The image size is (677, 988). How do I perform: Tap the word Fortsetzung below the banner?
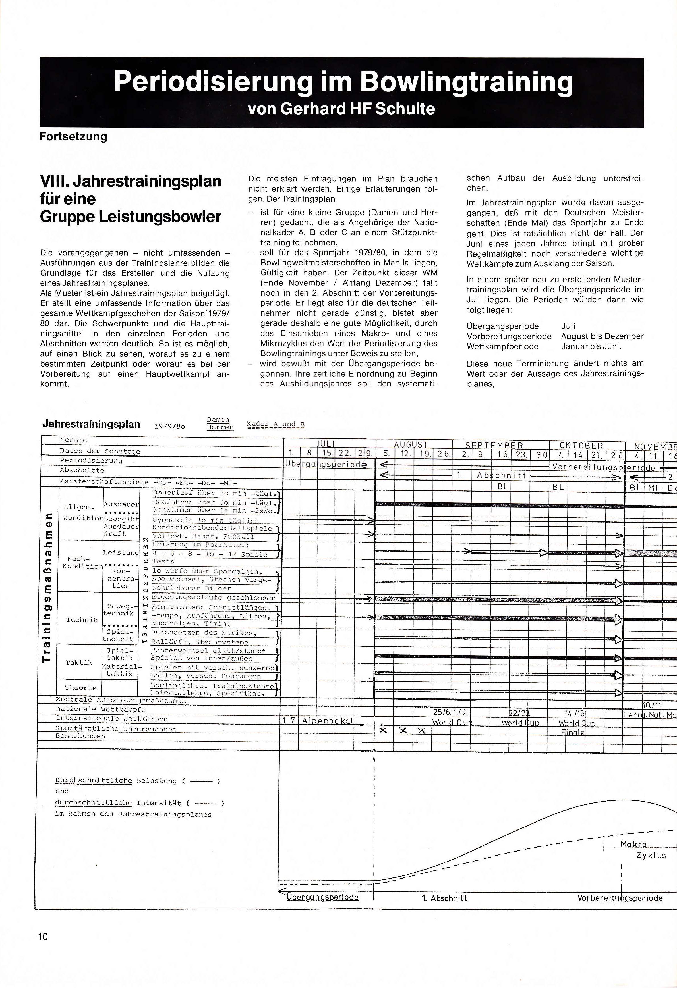(x=73, y=137)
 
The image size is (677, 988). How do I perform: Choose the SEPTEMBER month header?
(x=494, y=445)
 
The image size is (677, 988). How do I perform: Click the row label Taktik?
(x=79, y=662)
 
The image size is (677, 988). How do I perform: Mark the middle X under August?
(x=403, y=730)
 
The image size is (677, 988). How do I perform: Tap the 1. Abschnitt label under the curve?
(x=444, y=898)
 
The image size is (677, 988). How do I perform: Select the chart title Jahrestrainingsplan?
(x=91, y=424)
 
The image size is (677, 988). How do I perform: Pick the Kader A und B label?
(x=275, y=425)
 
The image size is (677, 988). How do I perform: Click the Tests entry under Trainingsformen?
(x=163, y=561)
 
